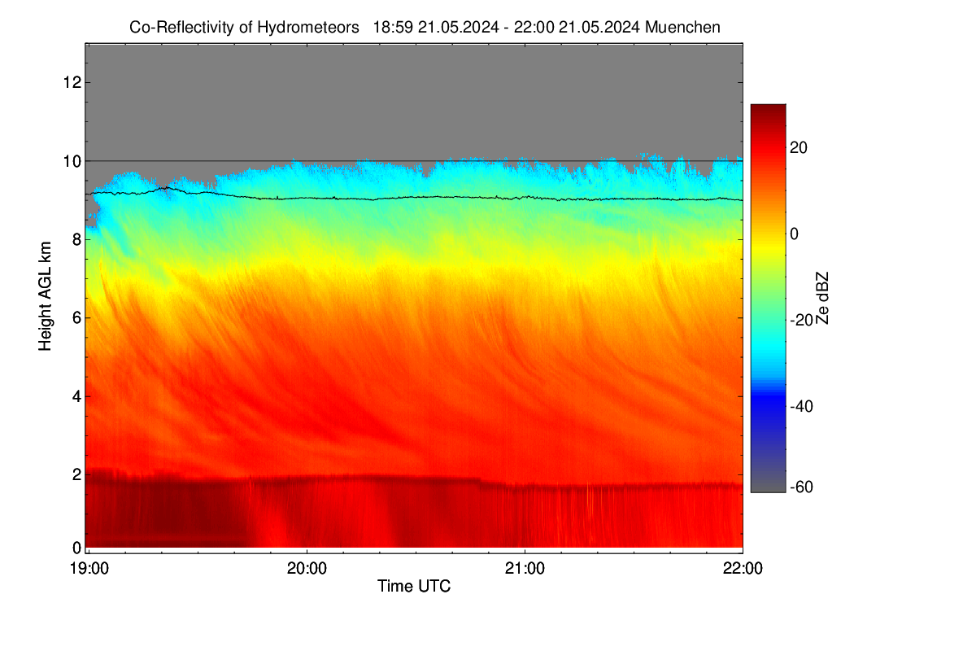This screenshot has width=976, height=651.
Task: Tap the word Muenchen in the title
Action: [x=682, y=27]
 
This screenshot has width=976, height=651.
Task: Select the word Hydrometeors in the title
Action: [x=308, y=28]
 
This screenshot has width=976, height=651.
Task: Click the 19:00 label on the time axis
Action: [x=89, y=569]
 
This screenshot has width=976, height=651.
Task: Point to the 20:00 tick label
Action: [x=307, y=569]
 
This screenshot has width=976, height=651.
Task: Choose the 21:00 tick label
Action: [x=525, y=569]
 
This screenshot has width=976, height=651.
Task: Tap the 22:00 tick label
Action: [x=743, y=569]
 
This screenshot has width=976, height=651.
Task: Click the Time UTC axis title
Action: [x=414, y=586]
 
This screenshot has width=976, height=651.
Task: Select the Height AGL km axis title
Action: [x=45, y=296]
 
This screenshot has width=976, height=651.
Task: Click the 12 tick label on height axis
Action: [x=72, y=82]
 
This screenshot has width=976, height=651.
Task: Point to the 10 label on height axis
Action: [x=72, y=161]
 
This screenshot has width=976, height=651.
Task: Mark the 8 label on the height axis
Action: [x=77, y=239]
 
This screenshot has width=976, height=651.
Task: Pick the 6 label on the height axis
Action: [x=77, y=318]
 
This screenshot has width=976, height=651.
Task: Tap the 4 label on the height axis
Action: [x=77, y=397]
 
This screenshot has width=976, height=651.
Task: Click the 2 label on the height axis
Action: [x=77, y=474]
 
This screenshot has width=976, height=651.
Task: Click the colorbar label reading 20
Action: [x=799, y=148]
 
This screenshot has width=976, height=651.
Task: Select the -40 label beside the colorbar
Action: [x=801, y=407]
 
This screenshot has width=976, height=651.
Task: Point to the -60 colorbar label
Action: [x=801, y=487]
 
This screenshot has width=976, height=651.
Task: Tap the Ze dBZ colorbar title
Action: [x=822, y=299]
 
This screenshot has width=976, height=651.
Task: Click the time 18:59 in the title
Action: [x=393, y=27]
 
